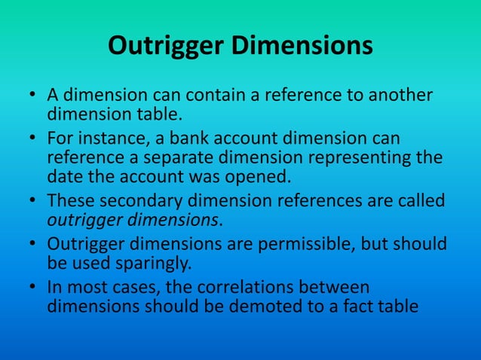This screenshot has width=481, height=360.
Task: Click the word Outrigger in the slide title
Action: pyautogui.click(x=164, y=46)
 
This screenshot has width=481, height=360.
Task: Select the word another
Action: pyautogui.click(x=397, y=97)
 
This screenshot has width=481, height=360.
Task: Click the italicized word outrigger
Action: pyautogui.click(x=82, y=221)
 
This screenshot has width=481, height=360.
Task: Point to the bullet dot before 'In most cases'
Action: pyautogui.click(x=35, y=289)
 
